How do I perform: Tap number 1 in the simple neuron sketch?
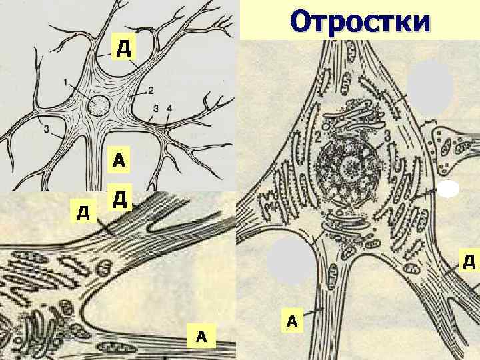tap(66, 83)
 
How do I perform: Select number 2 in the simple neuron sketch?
tap(151, 90)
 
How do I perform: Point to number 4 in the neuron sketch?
tap(169, 108)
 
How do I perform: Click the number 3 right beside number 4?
tap(155, 108)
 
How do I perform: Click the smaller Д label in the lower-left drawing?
tap(83, 213)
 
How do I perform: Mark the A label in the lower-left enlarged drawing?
tap(201, 337)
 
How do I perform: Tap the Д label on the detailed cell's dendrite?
tap(469, 261)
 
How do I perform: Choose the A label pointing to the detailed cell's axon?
tap(291, 321)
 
